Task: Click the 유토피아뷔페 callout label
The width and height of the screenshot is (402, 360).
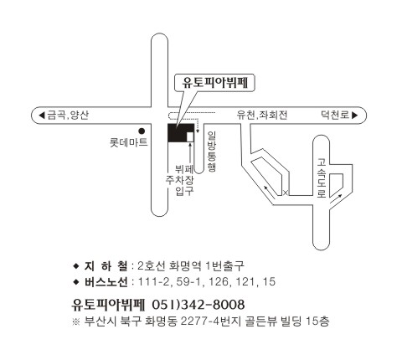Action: [x=214, y=83]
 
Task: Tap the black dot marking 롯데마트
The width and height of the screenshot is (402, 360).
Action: [x=142, y=131]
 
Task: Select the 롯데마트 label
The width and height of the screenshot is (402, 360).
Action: [x=128, y=142]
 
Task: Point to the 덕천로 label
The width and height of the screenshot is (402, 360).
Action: [x=335, y=115]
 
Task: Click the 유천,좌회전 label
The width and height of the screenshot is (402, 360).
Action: [x=262, y=115]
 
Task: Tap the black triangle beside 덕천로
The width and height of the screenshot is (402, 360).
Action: [x=355, y=115]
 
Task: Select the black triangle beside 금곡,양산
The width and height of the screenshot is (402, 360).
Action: [x=42, y=115]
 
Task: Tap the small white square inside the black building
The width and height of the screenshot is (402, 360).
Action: [x=190, y=136]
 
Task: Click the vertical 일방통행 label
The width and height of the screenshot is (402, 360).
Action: [x=212, y=152]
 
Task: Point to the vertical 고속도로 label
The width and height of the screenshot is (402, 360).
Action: [x=322, y=178]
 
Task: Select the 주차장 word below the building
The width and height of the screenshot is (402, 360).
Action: [x=179, y=180]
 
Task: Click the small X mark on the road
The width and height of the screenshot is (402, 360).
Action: [x=286, y=193]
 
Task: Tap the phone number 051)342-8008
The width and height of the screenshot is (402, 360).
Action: [x=198, y=305]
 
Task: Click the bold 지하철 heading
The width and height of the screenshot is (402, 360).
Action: [x=106, y=266]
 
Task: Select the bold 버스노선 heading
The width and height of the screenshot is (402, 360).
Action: [x=106, y=282]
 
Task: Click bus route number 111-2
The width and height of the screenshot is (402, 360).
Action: [x=153, y=281]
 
